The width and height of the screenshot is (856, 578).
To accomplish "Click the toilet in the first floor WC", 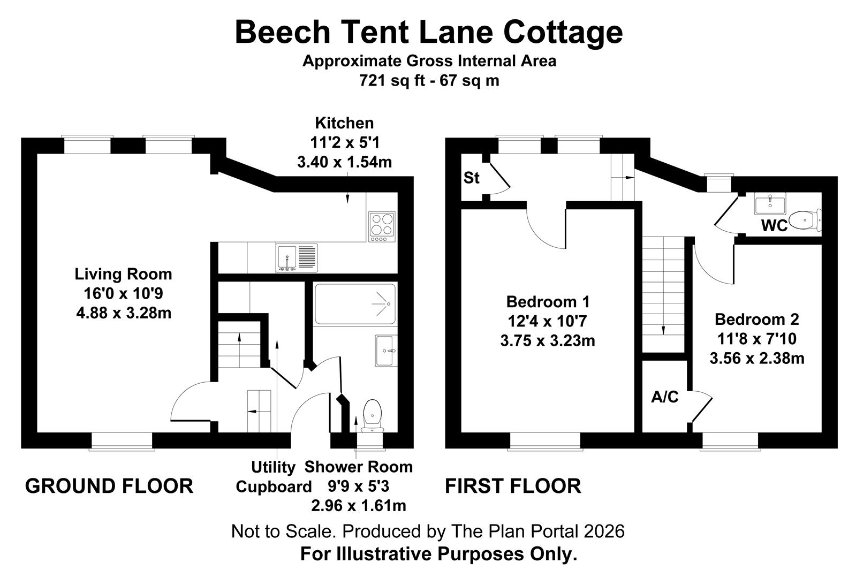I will pos(805,219).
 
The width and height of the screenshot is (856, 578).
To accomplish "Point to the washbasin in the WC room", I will pos(769,204).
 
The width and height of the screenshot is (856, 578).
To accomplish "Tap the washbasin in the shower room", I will pos(386,351).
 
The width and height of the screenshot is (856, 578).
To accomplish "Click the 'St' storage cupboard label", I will pos(471,178).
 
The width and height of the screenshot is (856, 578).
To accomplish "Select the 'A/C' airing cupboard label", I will pos(664,397).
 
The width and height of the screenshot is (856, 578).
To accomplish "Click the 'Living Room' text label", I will pos(123,274).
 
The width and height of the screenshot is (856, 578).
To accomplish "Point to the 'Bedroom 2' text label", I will pos(756,320).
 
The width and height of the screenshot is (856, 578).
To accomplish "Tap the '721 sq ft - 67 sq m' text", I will pos(429,81).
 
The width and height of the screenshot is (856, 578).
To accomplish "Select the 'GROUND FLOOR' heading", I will pos(109,486).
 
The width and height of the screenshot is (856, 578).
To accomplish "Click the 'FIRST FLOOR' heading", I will pos(513,486).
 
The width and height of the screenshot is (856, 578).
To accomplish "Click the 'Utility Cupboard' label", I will pos(274,477).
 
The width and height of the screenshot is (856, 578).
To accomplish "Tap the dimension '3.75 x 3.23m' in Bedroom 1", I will pos(547,340).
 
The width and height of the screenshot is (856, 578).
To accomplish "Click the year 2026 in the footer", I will pos(604,531).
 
